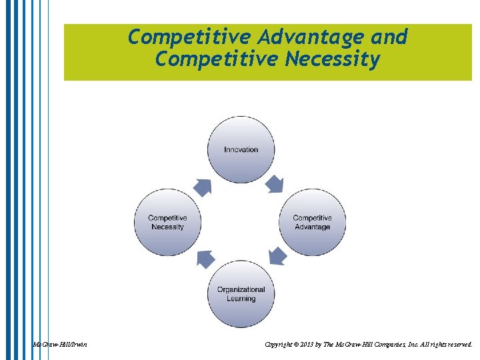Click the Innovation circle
click(x=241, y=149)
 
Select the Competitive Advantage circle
click(x=312, y=222)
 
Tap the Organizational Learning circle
click(x=241, y=294)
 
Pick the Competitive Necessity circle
click(x=167, y=222)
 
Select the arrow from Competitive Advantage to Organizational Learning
click(x=275, y=256)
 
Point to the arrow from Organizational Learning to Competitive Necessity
click(x=205, y=259)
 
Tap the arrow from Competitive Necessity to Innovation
click(x=203, y=187)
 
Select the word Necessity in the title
click(x=333, y=60)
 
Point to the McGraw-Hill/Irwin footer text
click(x=60, y=345)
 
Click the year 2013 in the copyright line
click(x=307, y=345)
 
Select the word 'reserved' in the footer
click(x=457, y=345)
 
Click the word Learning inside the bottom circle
click(x=241, y=299)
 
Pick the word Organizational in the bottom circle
click(x=241, y=289)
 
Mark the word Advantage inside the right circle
click(x=312, y=227)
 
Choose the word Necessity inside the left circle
click(x=167, y=227)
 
